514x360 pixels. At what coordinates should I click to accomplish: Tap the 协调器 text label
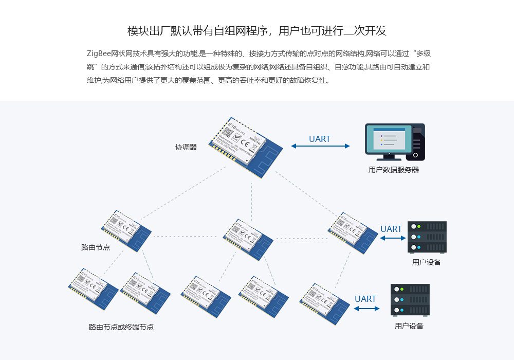pos(186,147)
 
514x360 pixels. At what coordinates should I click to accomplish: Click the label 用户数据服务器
pos(394,170)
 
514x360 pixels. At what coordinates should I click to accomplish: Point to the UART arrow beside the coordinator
pos(320,147)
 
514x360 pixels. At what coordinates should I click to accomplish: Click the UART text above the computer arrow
pos(320,139)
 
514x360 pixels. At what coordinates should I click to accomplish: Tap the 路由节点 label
pos(95,247)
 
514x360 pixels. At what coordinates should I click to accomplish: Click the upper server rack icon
pos(427,237)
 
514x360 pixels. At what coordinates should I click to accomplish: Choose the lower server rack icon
pos(410,300)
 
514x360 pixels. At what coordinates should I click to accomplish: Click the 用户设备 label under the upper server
pos(427,262)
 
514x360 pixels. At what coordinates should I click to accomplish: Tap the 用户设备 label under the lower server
pos(409,326)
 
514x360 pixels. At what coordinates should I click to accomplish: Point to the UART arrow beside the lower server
pos(366,309)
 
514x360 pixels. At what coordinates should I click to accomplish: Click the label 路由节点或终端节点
pos(121,327)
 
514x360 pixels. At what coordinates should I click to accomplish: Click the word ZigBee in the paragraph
pos(99,53)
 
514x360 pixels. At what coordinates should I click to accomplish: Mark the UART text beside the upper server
pos(391,229)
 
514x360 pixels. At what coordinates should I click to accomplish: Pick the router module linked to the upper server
pos(353,233)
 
